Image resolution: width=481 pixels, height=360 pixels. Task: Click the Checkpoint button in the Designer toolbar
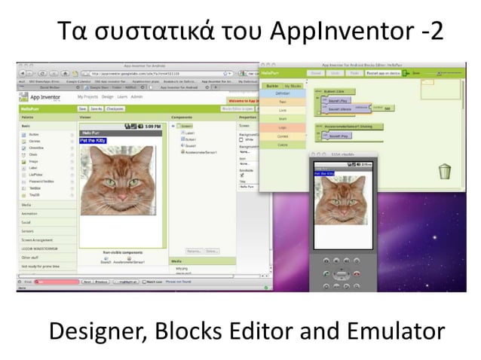pos(115,108)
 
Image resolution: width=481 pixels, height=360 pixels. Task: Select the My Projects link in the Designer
pos(87,98)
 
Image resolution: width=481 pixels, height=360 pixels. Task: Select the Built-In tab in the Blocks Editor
pos(271,87)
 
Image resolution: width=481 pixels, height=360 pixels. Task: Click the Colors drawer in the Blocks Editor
pos(282,145)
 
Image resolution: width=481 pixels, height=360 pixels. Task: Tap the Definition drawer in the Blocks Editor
pos(282,93)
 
